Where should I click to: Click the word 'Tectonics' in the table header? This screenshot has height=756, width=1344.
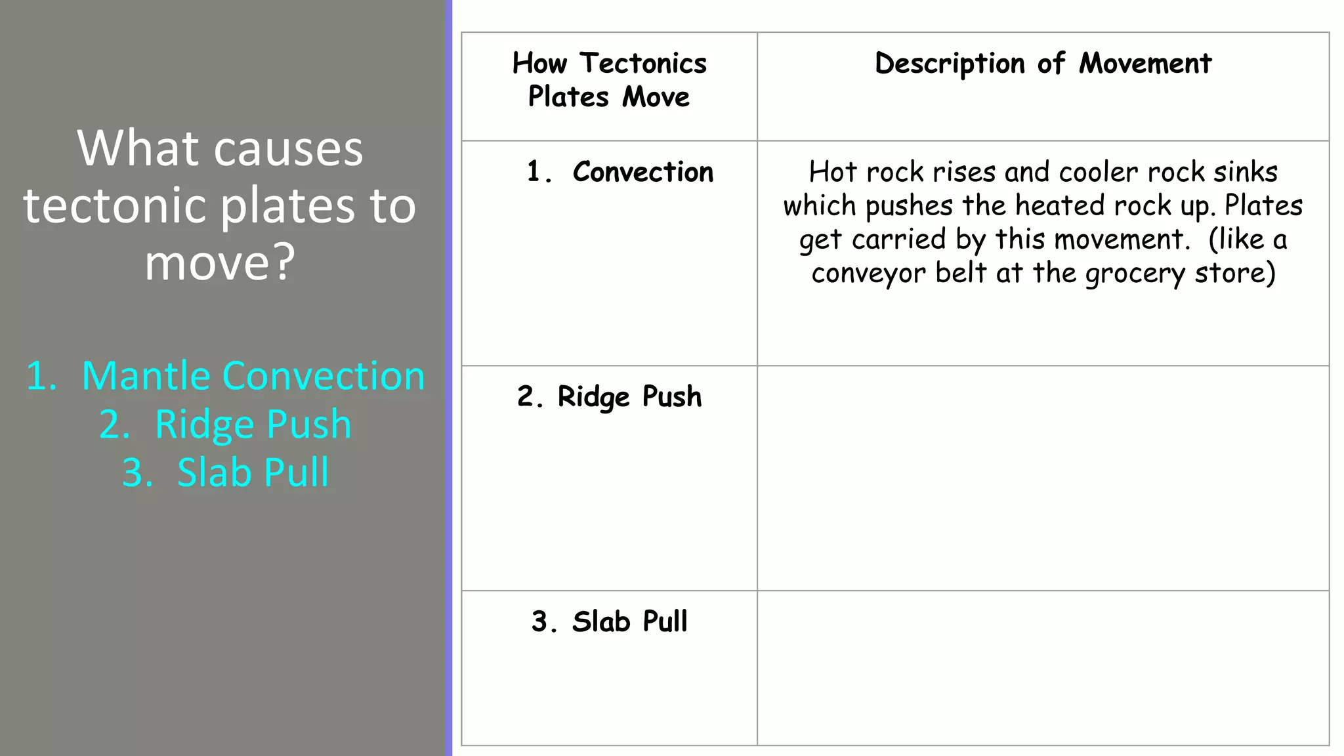643,64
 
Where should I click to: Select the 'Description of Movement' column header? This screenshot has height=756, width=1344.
1043,64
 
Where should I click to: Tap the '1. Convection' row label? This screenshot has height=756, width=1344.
620,172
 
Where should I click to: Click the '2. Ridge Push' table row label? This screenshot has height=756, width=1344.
610,397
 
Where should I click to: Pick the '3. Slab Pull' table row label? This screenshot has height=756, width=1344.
610,621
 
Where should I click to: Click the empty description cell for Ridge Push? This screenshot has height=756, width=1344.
1043,478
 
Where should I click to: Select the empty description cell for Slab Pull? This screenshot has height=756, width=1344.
1043,667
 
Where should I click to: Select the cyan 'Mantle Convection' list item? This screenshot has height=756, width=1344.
253,376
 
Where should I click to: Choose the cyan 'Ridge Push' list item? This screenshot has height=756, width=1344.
253,424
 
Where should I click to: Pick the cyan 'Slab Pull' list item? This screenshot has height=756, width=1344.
253,472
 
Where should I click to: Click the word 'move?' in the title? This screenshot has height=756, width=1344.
220,262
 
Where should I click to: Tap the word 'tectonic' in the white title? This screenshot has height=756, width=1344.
116,205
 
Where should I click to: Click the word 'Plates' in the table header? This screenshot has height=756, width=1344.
568,97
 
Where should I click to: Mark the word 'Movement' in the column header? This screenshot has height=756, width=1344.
1145,64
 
